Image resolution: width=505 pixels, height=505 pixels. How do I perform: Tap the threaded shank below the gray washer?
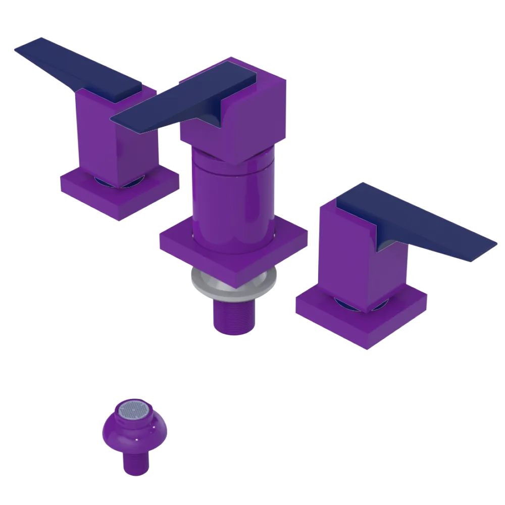(233, 316)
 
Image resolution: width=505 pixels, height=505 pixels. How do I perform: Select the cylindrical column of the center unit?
(232, 202)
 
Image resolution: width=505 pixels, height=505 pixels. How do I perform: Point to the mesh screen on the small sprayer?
(134, 411)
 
